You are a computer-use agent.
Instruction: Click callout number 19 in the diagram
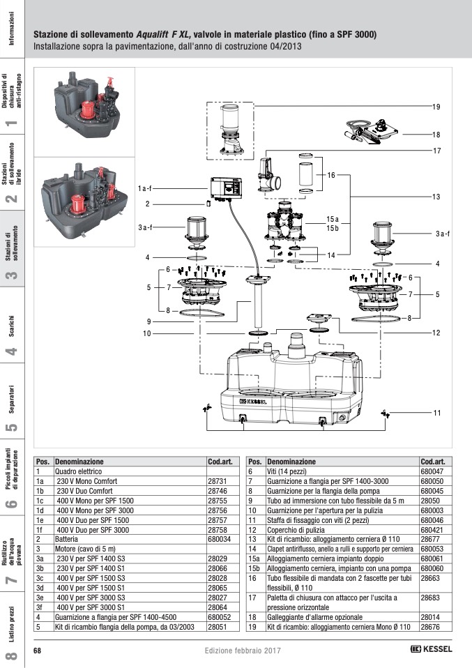point(436,107)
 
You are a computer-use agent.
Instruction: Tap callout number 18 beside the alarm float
point(436,135)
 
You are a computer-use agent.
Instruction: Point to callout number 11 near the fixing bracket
point(436,412)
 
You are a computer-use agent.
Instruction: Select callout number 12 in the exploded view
point(436,333)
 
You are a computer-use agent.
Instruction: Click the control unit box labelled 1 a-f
point(226,188)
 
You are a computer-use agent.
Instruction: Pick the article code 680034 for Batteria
point(220,539)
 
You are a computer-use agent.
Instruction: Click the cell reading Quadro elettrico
point(78,471)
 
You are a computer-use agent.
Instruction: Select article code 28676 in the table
point(430,627)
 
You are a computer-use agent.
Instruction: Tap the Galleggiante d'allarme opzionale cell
point(315,617)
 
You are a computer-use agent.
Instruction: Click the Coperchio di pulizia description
point(296,530)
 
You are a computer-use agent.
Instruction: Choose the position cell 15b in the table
point(254,568)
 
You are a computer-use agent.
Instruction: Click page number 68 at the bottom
point(37,651)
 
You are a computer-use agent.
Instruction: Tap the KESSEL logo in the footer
point(431,649)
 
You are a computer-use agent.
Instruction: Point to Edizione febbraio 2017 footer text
point(243,651)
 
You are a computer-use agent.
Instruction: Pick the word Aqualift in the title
point(153,34)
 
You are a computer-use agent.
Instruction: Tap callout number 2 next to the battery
point(147,204)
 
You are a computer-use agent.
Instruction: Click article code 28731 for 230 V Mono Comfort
point(218,481)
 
